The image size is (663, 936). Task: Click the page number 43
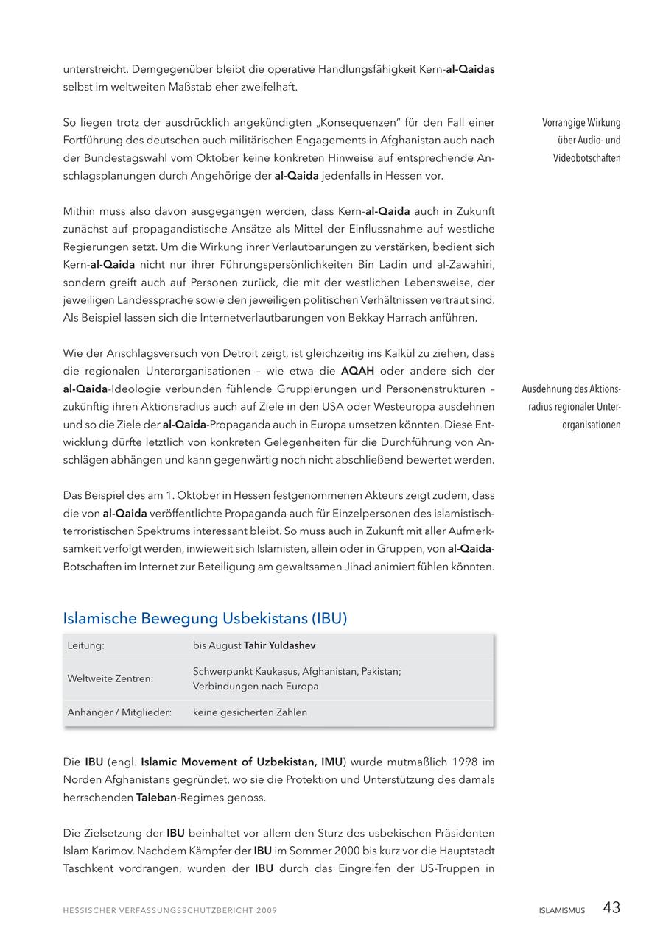611,908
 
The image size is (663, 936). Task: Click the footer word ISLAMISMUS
561,910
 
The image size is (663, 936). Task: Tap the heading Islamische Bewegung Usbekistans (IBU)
205,618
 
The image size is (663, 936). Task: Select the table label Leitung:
86,645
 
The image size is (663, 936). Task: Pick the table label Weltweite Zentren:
110,678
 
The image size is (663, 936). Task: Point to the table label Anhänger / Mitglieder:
119,712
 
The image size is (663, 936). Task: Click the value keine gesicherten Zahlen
250,712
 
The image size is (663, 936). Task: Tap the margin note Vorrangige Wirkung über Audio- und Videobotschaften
581,141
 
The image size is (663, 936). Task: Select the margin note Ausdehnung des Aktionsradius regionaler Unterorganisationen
572,407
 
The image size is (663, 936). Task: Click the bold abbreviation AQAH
357,371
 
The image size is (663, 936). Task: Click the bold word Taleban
156,797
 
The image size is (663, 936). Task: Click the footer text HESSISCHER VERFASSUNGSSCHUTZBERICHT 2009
170,911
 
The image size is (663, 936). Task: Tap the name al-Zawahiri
466,265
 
